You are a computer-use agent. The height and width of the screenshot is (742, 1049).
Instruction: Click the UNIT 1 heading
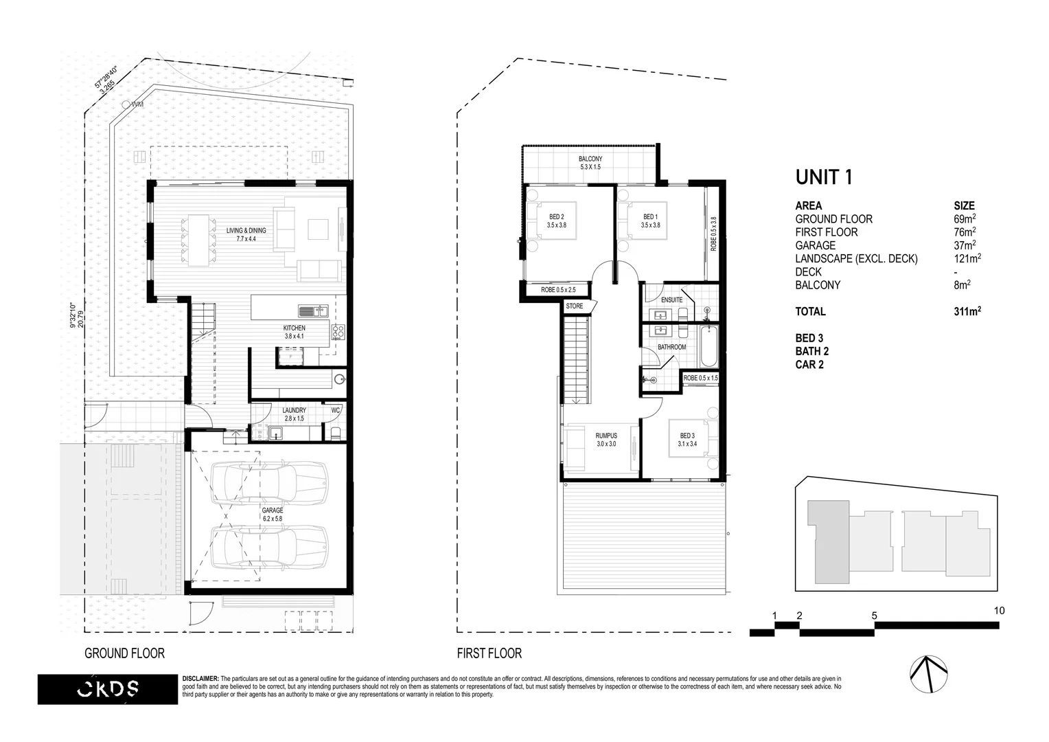(x=824, y=177)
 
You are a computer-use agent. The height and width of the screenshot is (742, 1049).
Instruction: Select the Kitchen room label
(x=295, y=333)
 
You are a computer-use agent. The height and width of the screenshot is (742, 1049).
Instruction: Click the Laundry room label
(x=295, y=414)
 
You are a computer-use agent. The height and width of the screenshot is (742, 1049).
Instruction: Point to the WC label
(x=336, y=410)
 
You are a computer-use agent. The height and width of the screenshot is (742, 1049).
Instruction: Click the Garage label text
(x=272, y=515)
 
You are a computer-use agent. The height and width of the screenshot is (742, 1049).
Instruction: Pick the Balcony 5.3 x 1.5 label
(x=590, y=163)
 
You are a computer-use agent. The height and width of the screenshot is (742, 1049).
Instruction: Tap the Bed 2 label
(x=555, y=221)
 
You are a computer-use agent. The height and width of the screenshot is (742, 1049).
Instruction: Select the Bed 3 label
(x=687, y=440)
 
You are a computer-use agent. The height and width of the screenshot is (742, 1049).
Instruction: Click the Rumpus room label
(x=606, y=440)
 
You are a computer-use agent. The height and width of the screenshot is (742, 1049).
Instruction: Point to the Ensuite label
(x=671, y=300)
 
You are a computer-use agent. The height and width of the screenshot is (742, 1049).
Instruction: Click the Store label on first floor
(x=574, y=306)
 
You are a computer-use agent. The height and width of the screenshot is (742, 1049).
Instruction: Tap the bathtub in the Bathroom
(x=708, y=348)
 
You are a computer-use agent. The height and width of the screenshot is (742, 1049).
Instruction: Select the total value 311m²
(x=967, y=312)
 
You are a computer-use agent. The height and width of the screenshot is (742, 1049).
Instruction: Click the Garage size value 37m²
(x=965, y=245)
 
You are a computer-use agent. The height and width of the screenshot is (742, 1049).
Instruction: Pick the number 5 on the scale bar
(x=874, y=616)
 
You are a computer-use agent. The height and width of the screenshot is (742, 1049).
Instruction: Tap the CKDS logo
(x=106, y=688)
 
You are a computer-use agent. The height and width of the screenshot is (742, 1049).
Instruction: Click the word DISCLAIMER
(x=200, y=679)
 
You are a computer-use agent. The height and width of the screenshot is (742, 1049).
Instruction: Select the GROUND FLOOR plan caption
(x=124, y=653)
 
